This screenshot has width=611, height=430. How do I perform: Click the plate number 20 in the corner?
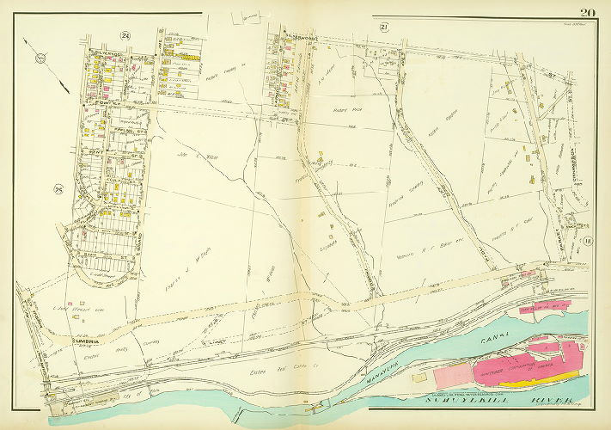point(587,12)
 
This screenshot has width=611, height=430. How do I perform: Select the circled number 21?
point(384,28)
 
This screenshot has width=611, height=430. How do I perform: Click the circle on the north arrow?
point(40,59)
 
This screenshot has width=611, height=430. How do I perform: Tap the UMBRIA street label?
point(82,341)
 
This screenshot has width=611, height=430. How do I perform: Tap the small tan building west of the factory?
point(420,377)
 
